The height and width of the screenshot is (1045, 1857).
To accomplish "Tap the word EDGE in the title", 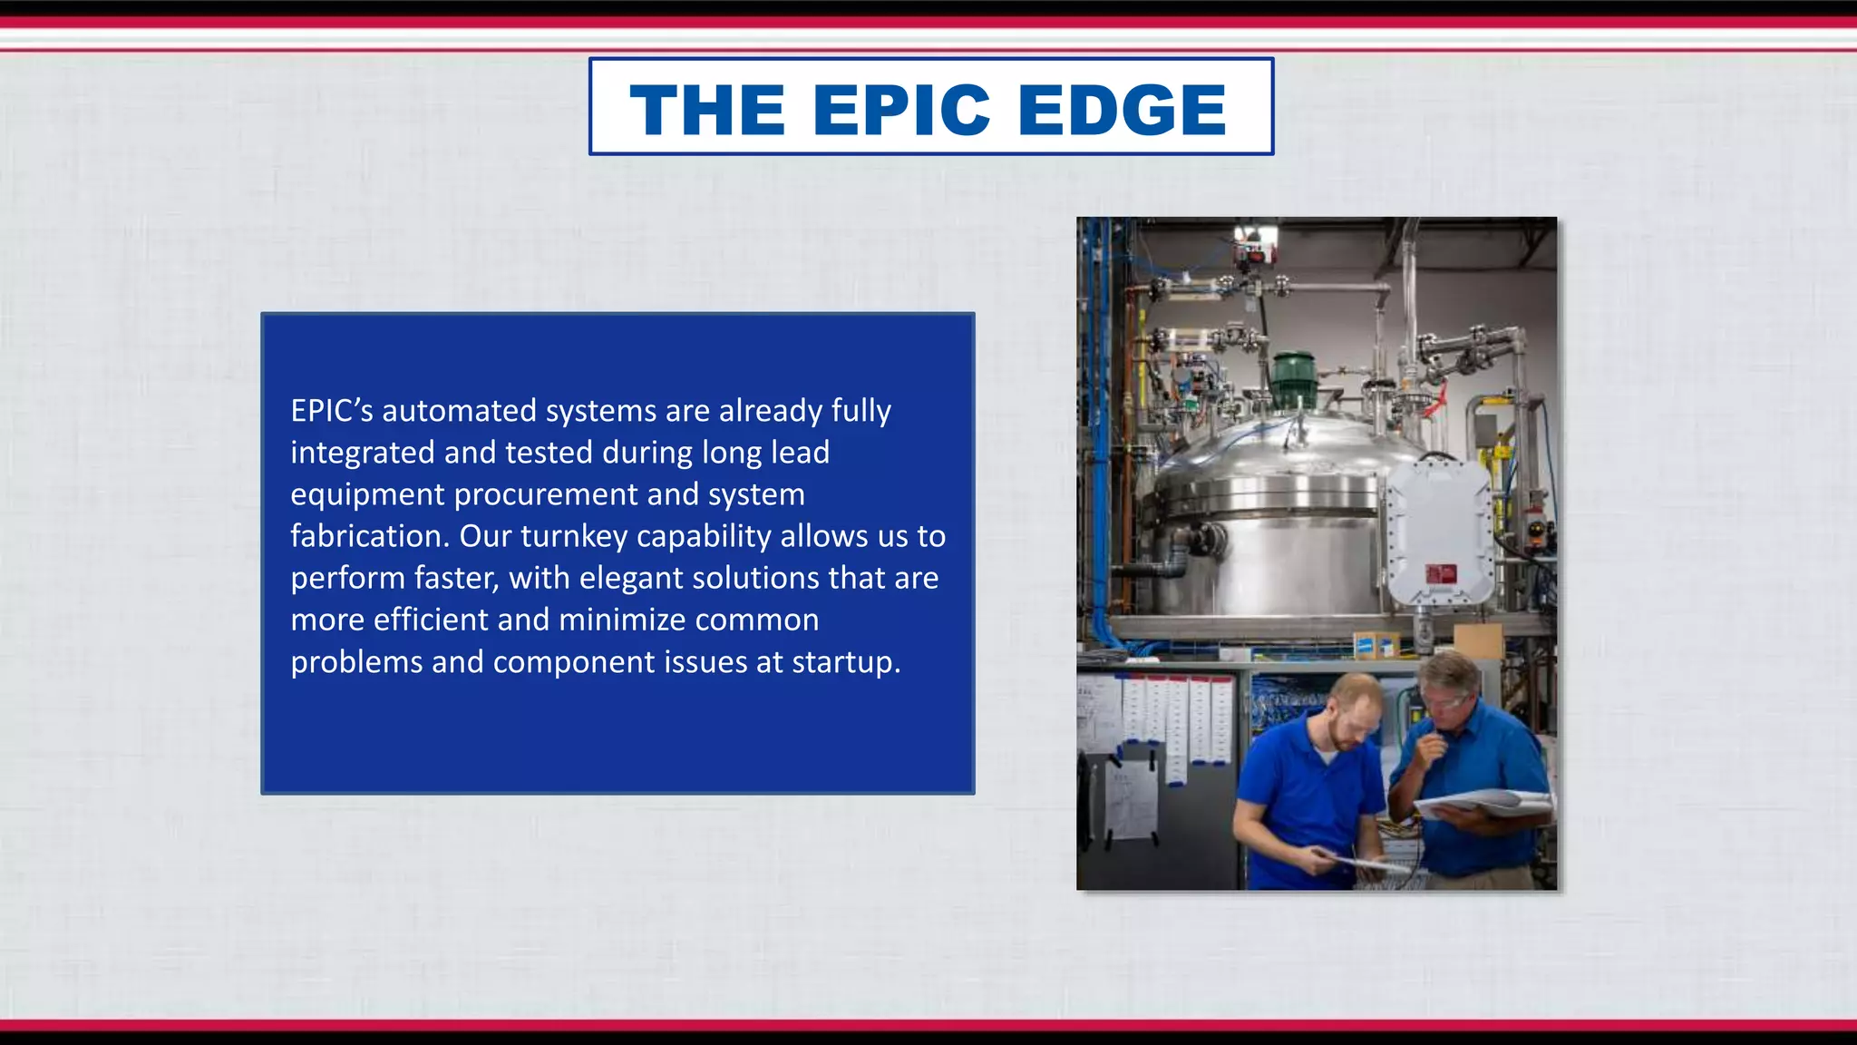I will tap(1122, 110).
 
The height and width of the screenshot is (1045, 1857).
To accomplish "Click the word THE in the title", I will tap(707, 110).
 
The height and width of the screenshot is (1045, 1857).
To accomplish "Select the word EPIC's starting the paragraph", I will tap(331, 411).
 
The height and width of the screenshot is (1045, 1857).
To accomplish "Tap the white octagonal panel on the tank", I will tap(1439, 532).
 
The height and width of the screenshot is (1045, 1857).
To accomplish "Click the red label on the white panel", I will tap(1441, 573).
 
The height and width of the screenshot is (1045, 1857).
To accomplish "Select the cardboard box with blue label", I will tap(1376, 643).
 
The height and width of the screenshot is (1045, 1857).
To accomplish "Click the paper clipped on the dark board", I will tap(1131, 798).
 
